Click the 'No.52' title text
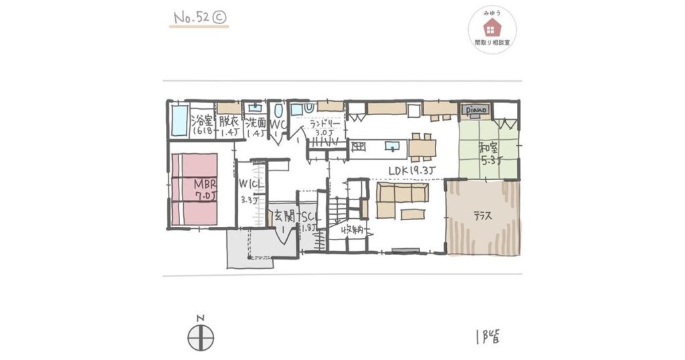191,19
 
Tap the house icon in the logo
492,27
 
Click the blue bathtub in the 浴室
178,120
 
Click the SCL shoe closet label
310,217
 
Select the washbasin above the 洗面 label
255,107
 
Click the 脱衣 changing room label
227,122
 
